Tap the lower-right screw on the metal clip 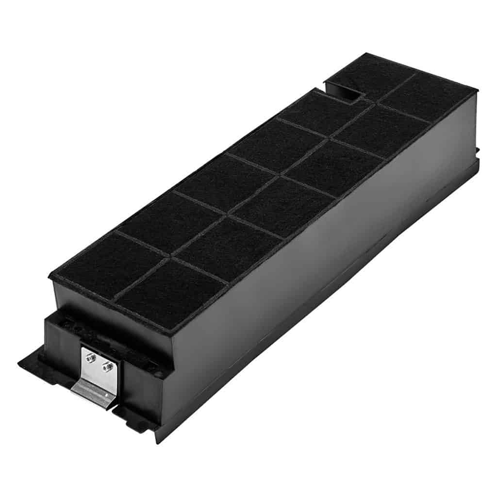tap(106, 368)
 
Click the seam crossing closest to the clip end tap(169, 257)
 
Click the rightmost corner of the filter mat tap(477, 90)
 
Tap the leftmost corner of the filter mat tap(49, 275)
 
